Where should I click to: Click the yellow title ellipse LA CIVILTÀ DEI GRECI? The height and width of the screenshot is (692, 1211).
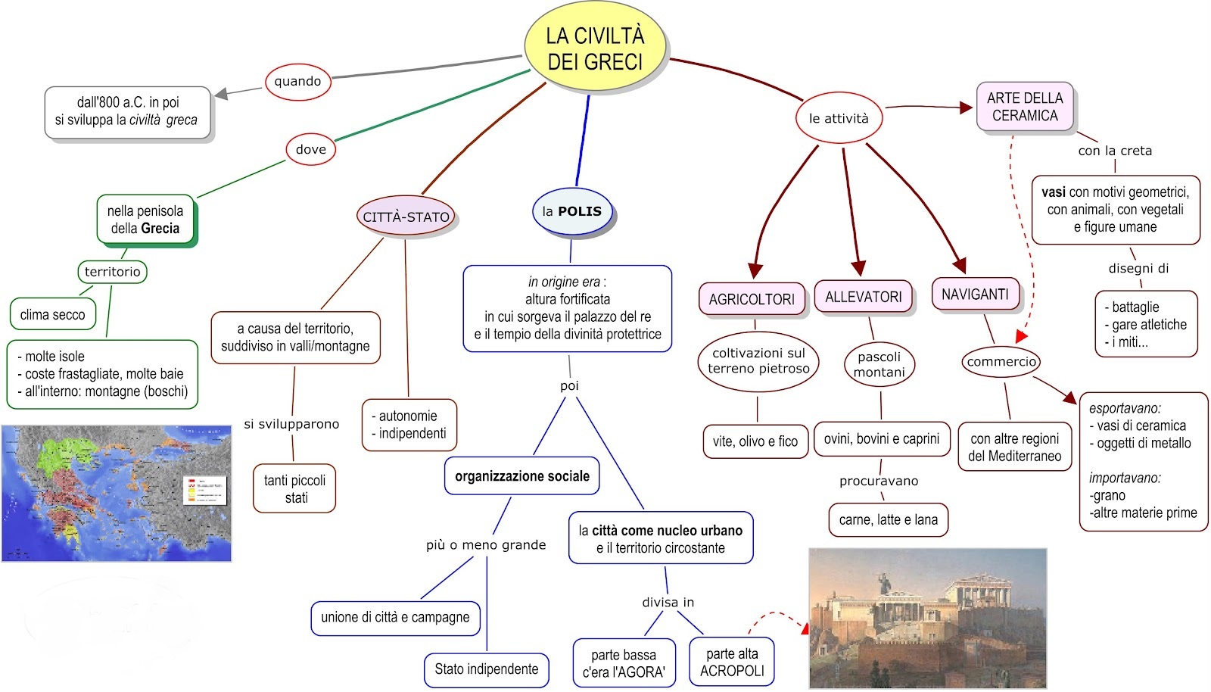[x=595, y=48]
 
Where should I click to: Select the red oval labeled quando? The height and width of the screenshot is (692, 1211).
[x=297, y=82]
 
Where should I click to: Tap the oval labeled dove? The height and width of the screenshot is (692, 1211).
[x=310, y=149]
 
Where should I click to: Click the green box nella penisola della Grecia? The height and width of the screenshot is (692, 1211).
[x=145, y=220]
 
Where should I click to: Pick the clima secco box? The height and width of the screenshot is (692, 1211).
[x=53, y=314]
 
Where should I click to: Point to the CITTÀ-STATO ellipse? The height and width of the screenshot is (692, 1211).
[x=406, y=217]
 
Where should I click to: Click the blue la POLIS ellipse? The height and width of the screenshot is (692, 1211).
[x=572, y=211]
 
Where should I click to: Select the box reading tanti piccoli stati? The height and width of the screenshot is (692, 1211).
[x=295, y=488]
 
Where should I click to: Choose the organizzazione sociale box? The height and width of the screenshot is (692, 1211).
[x=521, y=475]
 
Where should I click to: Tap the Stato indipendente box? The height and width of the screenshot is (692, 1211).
[x=486, y=669]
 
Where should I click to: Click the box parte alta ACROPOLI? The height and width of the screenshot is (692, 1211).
[x=731, y=662]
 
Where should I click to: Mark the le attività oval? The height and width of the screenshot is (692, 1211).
[x=839, y=118]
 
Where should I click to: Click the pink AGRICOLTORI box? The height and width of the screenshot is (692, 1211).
[x=752, y=299]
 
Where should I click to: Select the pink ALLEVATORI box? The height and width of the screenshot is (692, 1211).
[x=863, y=297]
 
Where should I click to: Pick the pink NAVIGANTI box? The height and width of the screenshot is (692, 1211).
[x=975, y=294]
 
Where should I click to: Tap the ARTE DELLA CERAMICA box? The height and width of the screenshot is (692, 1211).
[x=1025, y=107]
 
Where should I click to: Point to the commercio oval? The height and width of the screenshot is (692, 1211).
[x=1001, y=361]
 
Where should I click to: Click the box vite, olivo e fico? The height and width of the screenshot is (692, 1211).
[x=755, y=441]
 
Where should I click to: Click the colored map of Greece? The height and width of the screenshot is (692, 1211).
[x=117, y=493]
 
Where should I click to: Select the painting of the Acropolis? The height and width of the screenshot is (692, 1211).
[x=928, y=618]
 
